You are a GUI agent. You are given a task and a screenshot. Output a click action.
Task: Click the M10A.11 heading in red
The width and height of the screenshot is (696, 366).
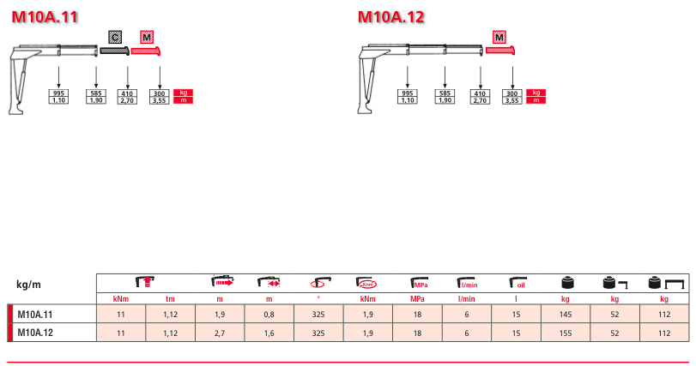[x=45, y=17]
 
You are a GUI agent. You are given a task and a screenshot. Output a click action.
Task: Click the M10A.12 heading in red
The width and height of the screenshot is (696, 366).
[x=391, y=17]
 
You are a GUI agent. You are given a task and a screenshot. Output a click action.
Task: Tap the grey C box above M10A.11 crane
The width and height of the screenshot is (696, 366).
[x=115, y=37]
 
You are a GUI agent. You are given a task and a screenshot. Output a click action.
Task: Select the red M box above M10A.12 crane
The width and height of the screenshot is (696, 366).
[x=499, y=37]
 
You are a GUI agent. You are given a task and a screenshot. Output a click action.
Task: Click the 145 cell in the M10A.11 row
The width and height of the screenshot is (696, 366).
[x=565, y=315]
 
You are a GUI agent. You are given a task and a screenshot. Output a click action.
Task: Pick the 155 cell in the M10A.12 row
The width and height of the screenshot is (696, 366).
[x=565, y=333]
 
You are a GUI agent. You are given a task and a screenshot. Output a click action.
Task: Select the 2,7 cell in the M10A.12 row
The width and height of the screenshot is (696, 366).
[x=220, y=333]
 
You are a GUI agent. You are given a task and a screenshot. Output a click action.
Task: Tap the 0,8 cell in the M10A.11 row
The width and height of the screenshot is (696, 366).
[x=269, y=315]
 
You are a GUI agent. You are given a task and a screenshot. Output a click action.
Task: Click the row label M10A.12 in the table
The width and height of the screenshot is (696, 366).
[x=35, y=333]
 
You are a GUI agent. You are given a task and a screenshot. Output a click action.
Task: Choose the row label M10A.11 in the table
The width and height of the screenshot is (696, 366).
[x=35, y=315]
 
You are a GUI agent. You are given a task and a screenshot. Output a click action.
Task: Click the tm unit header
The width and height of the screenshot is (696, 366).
[x=171, y=299]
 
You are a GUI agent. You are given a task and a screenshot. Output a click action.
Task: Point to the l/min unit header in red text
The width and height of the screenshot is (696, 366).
[x=467, y=299]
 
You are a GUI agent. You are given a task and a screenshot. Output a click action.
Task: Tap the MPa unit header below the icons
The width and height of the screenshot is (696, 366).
[x=417, y=299]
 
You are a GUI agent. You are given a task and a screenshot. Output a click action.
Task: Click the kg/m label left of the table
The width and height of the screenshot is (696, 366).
[x=28, y=285]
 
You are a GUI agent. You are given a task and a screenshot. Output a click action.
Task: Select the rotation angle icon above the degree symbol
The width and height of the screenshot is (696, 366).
[x=318, y=283]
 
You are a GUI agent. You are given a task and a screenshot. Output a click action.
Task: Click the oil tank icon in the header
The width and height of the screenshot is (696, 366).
[x=517, y=283]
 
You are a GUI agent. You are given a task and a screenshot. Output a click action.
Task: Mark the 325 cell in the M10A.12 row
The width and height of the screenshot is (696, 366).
[x=318, y=333]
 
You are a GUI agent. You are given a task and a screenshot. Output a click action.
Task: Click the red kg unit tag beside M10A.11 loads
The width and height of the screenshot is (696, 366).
[x=184, y=93]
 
